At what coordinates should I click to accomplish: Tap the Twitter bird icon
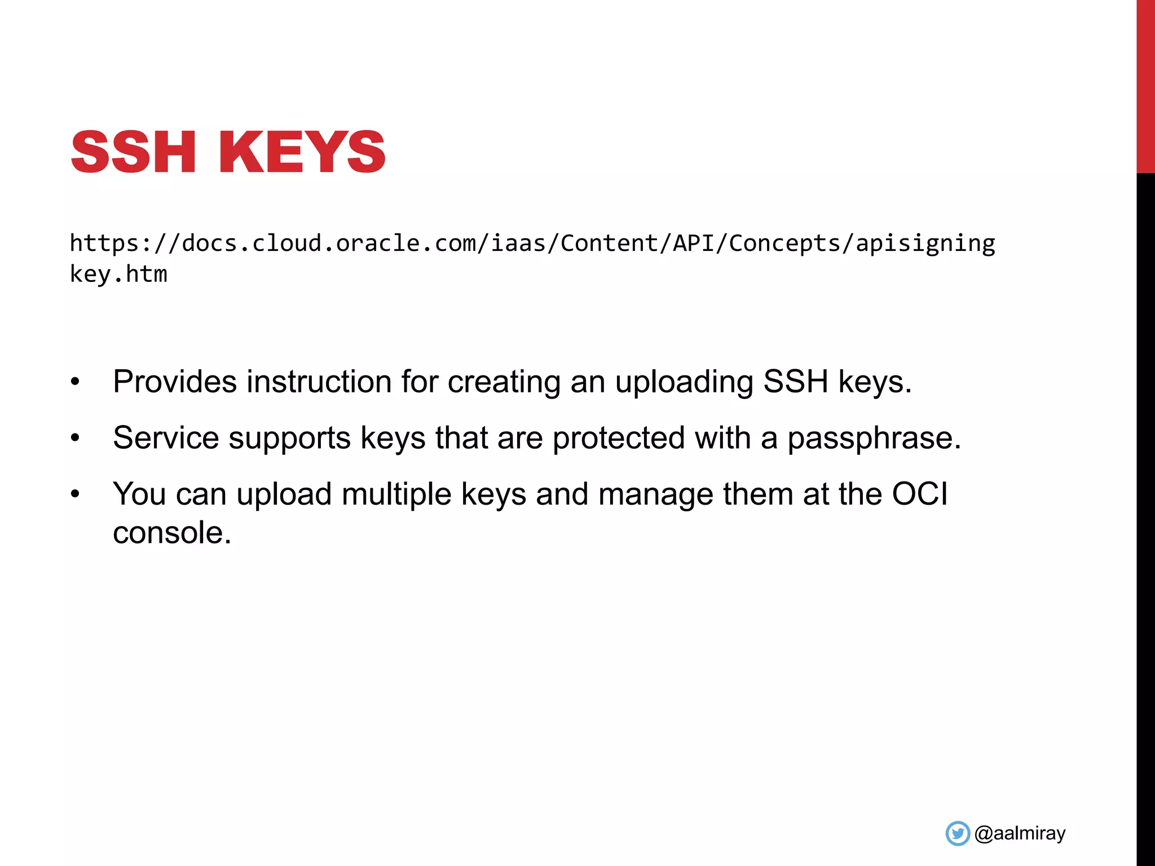click(958, 833)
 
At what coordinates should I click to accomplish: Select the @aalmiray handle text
click(1020, 833)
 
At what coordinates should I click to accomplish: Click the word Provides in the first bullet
click(175, 382)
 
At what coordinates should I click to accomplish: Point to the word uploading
click(684, 382)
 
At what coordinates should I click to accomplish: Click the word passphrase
click(874, 438)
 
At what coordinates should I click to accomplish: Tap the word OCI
click(919, 494)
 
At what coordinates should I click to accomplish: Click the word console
click(172, 533)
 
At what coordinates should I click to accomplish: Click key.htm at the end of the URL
click(118, 275)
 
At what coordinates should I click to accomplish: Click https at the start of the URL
click(104, 244)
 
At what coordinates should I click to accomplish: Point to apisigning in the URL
click(925, 244)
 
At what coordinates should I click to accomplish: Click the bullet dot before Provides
click(76, 382)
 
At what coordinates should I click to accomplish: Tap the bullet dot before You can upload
click(76, 494)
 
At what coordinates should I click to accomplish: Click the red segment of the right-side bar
click(1145, 85)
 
